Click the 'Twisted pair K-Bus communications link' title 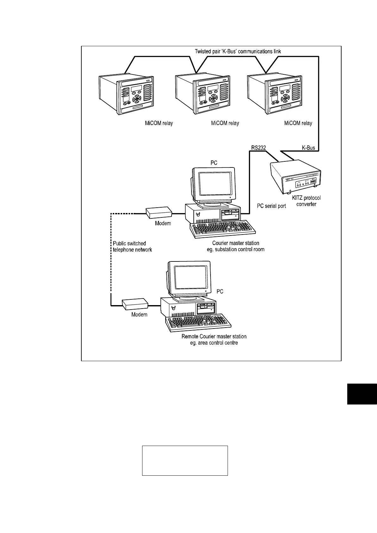click(237, 51)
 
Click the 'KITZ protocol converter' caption click(306, 201)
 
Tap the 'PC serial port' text click(271, 206)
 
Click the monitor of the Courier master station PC click(214, 185)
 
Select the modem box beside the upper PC click(159, 213)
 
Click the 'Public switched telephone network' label click(132, 247)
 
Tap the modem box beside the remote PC click(135, 304)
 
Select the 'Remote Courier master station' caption click(214, 340)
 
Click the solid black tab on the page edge click(362, 394)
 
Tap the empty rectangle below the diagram click(185, 461)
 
